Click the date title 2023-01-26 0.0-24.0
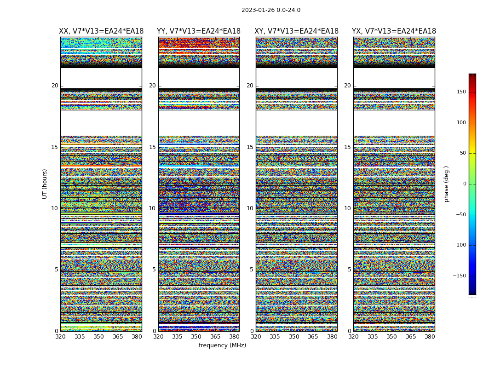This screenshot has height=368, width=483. tap(271, 10)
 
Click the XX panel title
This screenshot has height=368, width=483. tap(101, 31)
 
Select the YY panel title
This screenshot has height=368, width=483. tap(199, 31)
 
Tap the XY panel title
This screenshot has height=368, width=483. tap(297, 31)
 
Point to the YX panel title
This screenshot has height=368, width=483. tap(394, 31)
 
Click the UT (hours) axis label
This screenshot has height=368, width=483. tap(45, 184)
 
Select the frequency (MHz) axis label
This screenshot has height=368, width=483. tap(222, 345)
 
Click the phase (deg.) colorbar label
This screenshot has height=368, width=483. tap(447, 184)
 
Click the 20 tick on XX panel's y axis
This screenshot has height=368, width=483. tap(55, 86)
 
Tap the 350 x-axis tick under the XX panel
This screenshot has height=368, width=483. tap(98, 337)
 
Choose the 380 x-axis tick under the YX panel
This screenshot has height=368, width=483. tap(430, 337)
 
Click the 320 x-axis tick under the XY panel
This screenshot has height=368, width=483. tap(256, 337)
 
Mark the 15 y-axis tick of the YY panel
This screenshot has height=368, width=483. tap(152, 147)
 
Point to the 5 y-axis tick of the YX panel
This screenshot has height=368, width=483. tap(349, 270)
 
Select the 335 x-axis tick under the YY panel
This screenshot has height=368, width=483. tap(177, 337)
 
